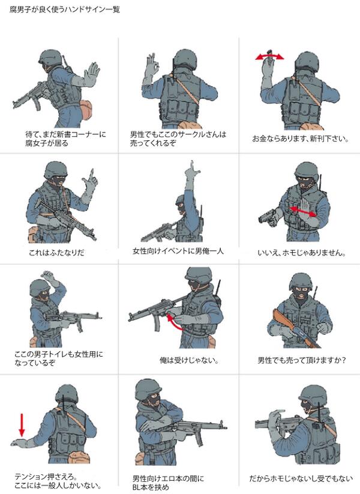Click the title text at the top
point(65,10)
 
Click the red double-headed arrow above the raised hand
point(269,56)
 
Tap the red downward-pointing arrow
point(22,425)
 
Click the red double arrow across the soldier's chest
point(302,212)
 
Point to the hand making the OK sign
point(151,65)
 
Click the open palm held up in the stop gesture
point(92,73)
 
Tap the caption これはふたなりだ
point(56,252)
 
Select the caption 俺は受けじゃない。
point(189,360)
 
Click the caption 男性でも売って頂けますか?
point(302,360)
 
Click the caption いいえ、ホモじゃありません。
point(302,252)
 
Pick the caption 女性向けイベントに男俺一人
point(178,251)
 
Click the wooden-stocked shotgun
point(295,329)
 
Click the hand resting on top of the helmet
point(50,277)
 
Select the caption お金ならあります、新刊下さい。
point(301,138)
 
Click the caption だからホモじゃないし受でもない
point(301,478)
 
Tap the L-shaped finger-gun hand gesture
point(89,183)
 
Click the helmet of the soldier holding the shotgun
point(301,282)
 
